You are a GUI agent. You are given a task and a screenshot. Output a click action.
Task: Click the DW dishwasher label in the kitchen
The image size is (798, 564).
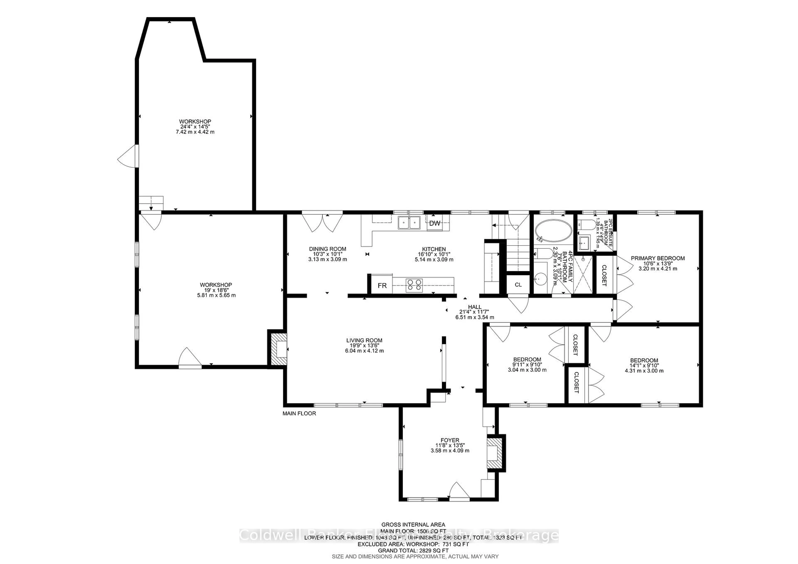click(435, 223)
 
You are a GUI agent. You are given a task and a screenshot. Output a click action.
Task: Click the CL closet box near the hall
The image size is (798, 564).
click(518, 285)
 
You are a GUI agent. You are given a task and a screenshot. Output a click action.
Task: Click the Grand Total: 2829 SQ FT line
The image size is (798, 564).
click(413, 550)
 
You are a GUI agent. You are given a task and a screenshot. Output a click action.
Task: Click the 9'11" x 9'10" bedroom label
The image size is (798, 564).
click(527, 365)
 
